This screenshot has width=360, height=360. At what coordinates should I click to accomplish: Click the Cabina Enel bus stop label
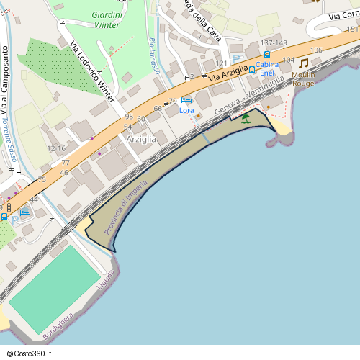[266, 68]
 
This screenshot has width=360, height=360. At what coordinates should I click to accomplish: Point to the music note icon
[303, 63]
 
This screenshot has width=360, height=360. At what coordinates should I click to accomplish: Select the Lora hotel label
[186, 110]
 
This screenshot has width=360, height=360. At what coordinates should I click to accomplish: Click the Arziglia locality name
[141, 138]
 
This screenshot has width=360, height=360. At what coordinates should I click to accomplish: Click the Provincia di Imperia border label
[125, 207]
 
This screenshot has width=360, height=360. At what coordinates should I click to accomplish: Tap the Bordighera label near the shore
[58, 327]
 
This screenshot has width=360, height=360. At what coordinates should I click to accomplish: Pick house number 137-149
[274, 43]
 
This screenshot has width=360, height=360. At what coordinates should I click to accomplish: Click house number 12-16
[56, 148]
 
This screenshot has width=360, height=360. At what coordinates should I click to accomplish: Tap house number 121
[221, 64]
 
